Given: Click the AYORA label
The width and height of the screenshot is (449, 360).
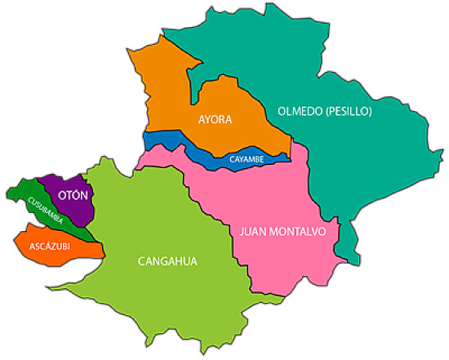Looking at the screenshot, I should point(216,119).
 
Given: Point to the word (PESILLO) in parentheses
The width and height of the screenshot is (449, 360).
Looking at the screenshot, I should point(350,110).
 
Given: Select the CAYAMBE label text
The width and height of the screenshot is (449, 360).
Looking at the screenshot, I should point(246,158).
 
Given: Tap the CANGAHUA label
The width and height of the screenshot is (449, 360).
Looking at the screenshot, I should point(167,261).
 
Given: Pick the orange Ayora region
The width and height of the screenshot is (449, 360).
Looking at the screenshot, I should point(176,90).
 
